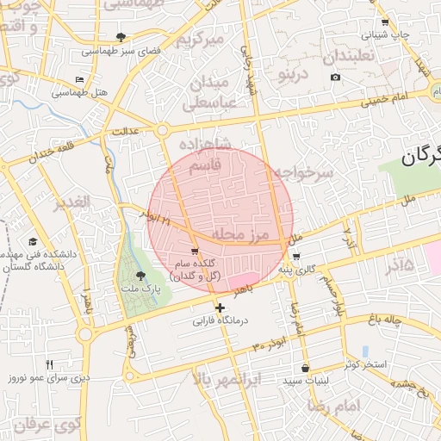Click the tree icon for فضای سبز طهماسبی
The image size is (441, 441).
[120, 37]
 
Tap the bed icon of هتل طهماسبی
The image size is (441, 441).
[80, 80]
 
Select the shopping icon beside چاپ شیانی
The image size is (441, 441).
[384, 22]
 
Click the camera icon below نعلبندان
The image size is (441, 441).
[335, 78]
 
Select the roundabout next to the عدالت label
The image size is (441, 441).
[162, 131]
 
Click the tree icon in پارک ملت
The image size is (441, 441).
[140, 276]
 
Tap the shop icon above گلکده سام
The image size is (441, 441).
[195, 251]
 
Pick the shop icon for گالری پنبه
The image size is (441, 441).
[295, 257]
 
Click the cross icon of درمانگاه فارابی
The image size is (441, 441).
[220, 307]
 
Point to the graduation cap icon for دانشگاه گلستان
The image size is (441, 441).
[33, 242]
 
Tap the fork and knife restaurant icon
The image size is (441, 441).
[49, 364]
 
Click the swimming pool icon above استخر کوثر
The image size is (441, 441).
[366, 351]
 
